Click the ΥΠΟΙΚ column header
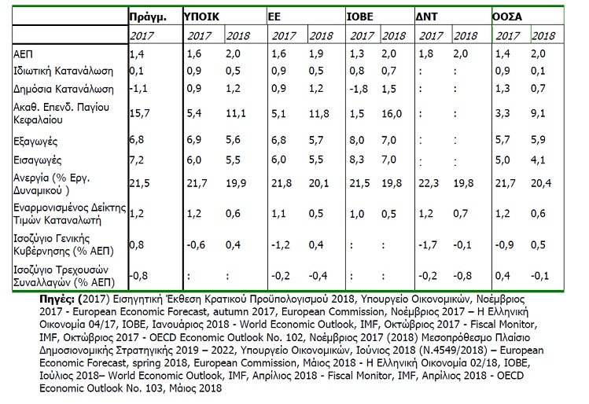coord(202,17)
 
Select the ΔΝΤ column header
coord(427,17)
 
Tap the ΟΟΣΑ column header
coord(507,17)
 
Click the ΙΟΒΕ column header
coord(360,17)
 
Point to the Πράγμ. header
coord(148,17)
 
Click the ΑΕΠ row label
coord(23,54)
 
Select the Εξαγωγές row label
coord(35,141)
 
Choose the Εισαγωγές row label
coord(37,160)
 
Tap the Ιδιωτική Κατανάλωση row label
coord(63,71)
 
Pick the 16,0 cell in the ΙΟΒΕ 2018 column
coord(392,113)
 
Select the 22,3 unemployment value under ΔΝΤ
coord(429,183)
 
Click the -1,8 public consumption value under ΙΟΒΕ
coord(359,89)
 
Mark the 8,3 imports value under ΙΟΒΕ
coord(357,160)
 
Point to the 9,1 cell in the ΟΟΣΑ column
coord(538,113)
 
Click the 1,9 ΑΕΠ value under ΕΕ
coord(316,53)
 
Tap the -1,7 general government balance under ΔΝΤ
coord(428,244)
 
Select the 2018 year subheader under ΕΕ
coord(321,35)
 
